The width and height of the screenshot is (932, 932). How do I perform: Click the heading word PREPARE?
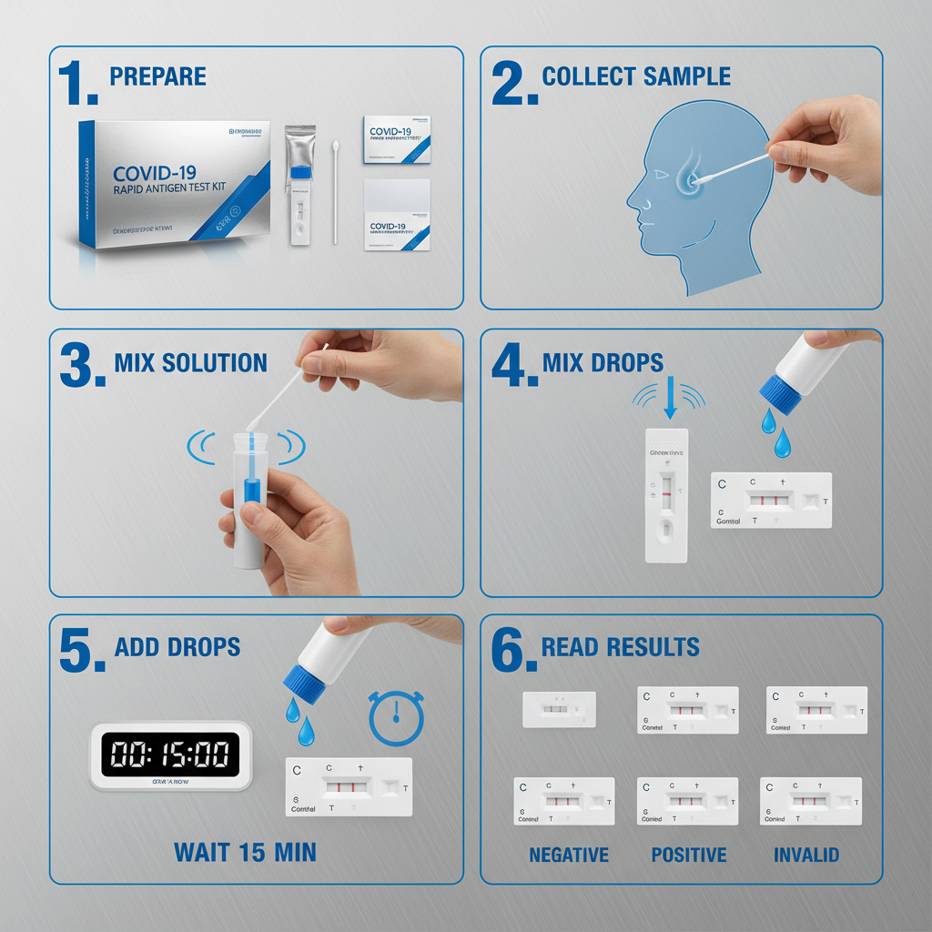(157, 76)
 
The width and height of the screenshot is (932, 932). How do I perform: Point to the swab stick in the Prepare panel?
(335, 191)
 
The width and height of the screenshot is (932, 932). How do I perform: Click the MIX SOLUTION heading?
(190, 363)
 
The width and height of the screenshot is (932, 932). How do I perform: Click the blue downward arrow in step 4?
(671, 401)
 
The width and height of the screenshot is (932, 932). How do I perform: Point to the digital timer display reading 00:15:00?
(169, 755)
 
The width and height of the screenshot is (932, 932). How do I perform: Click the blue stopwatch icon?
(397, 718)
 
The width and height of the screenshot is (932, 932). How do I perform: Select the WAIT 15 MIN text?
(245, 853)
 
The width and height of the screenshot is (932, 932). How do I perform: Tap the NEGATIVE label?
(569, 856)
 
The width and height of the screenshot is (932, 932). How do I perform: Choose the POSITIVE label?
(689, 856)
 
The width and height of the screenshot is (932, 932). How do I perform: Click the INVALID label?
(806, 856)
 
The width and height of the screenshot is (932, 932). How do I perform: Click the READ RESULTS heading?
(620, 647)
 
